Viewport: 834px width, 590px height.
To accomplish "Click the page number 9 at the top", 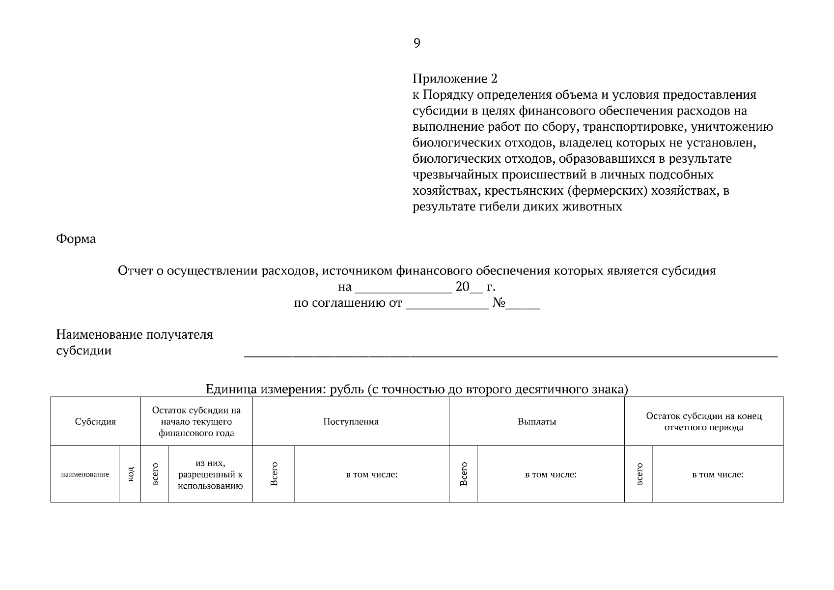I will (x=417, y=44).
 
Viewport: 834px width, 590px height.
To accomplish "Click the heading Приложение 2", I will (x=455, y=79).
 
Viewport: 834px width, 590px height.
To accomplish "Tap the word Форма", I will (x=76, y=239).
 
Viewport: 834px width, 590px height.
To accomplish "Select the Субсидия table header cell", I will (x=95, y=422).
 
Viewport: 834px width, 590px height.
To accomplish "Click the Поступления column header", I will (x=351, y=422).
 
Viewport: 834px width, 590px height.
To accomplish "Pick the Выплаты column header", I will (x=536, y=422).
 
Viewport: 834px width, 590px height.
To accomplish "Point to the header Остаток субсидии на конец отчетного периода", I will (x=703, y=422).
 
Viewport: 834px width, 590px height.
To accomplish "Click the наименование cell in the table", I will (x=85, y=474).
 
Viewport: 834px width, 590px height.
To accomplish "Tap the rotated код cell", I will (x=130, y=474).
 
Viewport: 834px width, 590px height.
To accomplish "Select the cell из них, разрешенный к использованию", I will (x=210, y=474).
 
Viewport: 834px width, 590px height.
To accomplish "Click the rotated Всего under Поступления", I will (x=274, y=474).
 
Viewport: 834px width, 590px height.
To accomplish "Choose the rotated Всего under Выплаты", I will (x=463, y=474).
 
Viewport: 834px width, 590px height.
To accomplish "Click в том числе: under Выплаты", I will (x=550, y=474).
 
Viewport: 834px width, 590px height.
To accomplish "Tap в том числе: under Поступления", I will (x=371, y=474).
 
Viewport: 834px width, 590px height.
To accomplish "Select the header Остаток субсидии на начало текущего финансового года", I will (x=196, y=422).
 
